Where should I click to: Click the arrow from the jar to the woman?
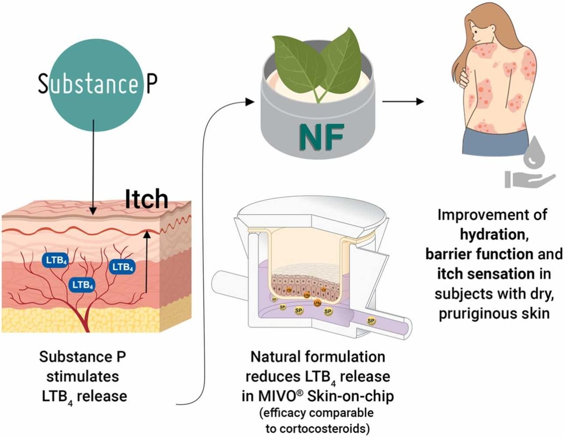point(402,102)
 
